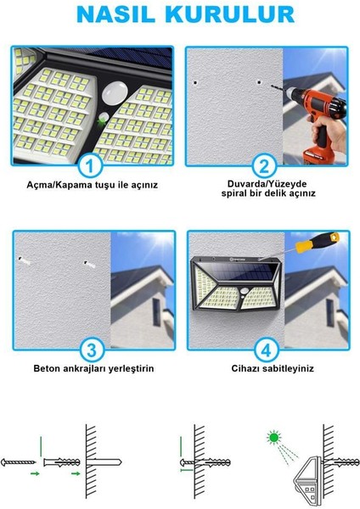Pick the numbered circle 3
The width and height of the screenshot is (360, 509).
[93, 348]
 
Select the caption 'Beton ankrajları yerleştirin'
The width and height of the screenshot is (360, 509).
[93, 369]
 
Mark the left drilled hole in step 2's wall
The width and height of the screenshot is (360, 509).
[196, 82]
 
